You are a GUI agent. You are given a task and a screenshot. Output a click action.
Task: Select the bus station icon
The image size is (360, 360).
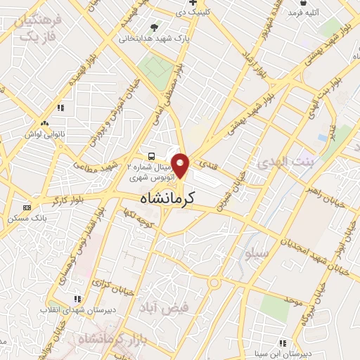(x=150, y=156)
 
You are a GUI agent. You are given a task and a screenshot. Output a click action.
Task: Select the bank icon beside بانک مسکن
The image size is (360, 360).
(x=27, y=207)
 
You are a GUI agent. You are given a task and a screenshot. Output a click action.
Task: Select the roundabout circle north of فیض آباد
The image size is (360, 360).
(x=212, y=283)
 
